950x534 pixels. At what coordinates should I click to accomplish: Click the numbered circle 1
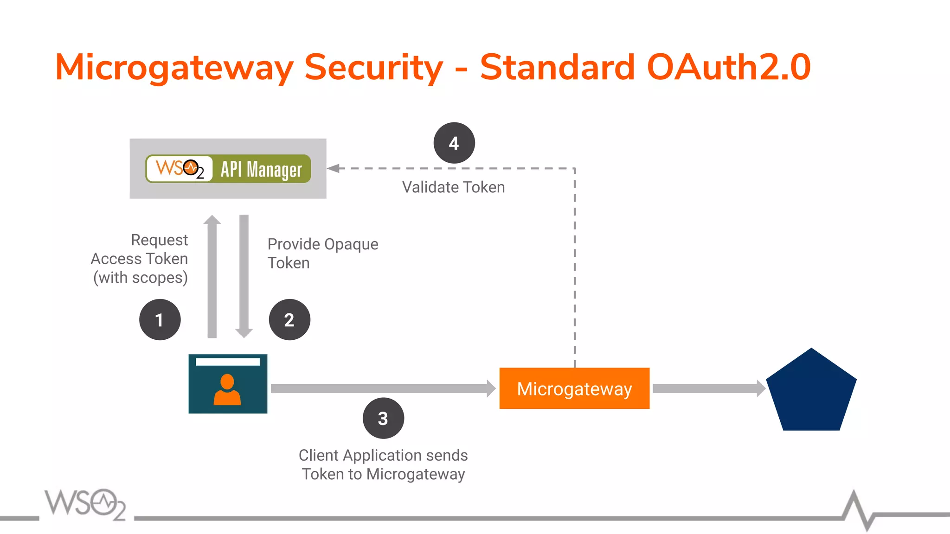tap(160, 320)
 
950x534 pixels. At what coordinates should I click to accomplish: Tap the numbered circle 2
tap(289, 320)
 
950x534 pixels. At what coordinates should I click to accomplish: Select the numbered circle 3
tap(383, 418)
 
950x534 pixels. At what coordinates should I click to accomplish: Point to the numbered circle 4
tap(454, 143)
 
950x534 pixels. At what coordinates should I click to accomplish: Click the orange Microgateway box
tap(574, 388)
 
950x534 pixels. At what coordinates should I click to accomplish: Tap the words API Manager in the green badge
tap(261, 169)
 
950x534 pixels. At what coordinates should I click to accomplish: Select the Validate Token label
tap(453, 187)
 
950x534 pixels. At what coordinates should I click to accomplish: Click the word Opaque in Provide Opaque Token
tap(351, 244)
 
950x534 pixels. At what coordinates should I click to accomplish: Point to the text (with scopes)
tap(141, 278)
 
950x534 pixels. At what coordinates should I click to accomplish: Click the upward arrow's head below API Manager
tap(212, 220)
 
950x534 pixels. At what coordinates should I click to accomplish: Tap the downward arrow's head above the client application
tap(244, 333)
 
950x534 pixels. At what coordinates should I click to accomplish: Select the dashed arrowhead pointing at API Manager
tap(334, 168)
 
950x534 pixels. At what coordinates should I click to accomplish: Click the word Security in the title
tap(373, 68)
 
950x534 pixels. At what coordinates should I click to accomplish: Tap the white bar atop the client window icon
tap(227, 362)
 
